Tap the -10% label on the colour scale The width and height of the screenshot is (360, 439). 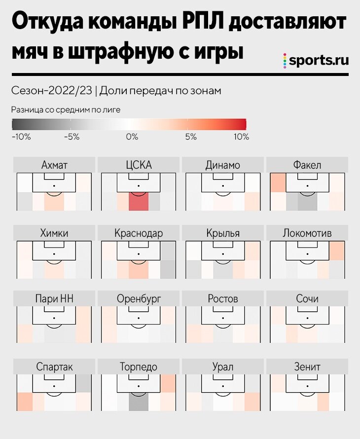(21, 137)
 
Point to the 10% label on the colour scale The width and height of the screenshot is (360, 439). (241, 137)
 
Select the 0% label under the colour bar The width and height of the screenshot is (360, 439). (132, 137)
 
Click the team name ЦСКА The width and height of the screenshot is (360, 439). (139, 165)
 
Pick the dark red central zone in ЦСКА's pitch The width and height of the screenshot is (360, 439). (139, 202)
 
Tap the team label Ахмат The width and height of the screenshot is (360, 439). (54, 165)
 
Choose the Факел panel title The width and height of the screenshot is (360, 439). (307, 165)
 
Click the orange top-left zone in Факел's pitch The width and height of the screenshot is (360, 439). (278, 183)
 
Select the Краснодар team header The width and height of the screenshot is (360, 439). (139, 233)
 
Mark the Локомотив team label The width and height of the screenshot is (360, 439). (307, 233)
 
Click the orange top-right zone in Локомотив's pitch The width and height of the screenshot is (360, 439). (337, 251)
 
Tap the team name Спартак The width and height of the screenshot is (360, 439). (54, 367)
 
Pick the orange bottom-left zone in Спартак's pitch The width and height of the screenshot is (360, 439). (24, 401)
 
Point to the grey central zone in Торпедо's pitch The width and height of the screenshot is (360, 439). (139, 402)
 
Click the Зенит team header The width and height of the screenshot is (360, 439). (307, 367)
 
